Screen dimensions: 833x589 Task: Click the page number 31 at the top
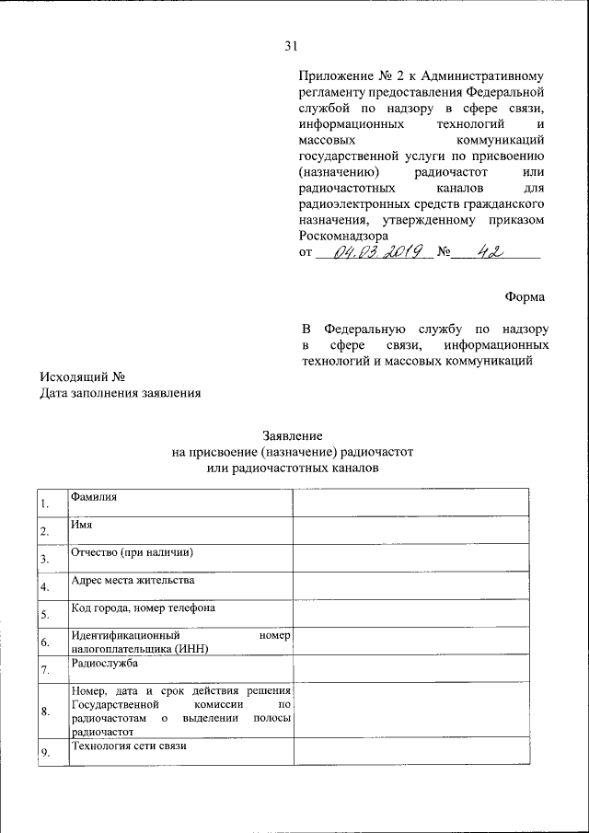[x=293, y=47]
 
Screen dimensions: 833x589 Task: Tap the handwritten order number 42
[x=486, y=251]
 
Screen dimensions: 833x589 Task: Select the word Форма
[x=525, y=296]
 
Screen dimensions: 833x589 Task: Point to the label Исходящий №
[x=81, y=376]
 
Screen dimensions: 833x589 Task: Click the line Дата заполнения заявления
[x=120, y=393]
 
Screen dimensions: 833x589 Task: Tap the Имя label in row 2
[x=79, y=525]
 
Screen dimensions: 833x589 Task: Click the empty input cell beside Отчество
[x=411, y=557]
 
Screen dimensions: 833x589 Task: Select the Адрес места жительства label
[x=133, y=581]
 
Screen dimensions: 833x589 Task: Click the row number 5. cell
[x=44, y=614]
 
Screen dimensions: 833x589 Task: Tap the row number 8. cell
[x=44, y=712]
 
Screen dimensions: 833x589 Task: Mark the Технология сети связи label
[x=129, y=746]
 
